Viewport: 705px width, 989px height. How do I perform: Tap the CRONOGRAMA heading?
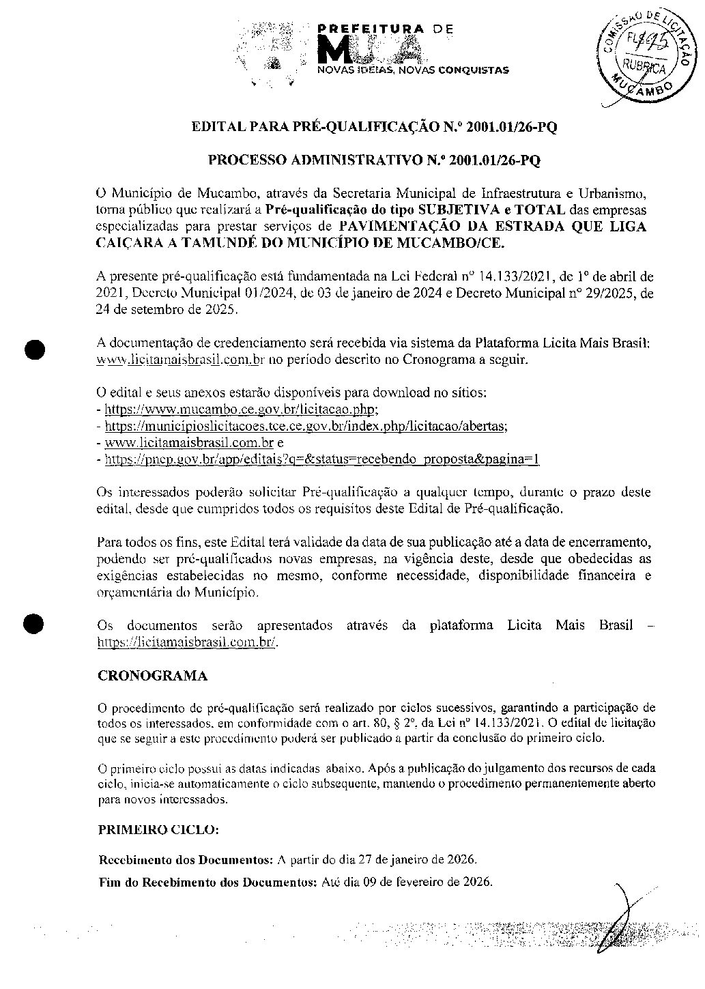(x=152, y=676)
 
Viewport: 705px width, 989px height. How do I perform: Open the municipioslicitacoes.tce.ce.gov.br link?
(x=305, y=426)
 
